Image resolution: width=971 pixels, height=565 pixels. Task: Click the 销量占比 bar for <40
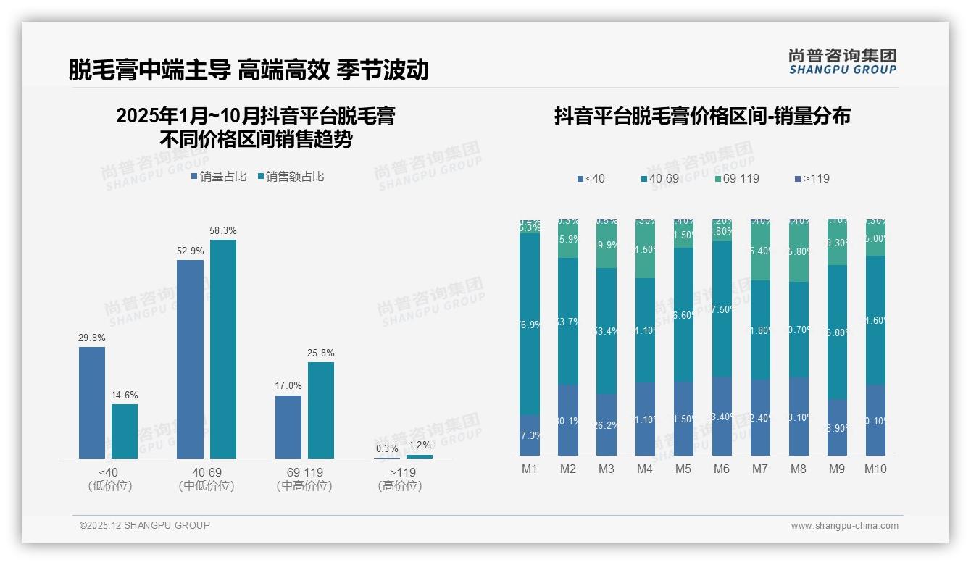click(92, 402)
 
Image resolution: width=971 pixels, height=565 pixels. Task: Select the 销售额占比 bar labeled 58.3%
click(223, 348)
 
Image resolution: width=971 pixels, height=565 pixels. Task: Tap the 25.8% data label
click(321, 353)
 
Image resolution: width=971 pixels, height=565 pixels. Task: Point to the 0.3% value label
click(387, 448)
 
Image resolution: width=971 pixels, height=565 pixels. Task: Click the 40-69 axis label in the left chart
click(207, 472)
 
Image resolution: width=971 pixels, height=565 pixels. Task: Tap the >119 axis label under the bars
click(400, 472)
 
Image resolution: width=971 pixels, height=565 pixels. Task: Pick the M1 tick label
click(530, 469)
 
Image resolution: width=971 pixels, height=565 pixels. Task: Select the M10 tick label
click(875, 469)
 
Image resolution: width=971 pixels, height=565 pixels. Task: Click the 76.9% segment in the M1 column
click(530, 323)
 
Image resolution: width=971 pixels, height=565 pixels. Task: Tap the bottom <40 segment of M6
click(722, 416)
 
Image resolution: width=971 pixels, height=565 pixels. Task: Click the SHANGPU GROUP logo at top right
click(842, 62)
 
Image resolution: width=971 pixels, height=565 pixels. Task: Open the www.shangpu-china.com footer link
click(844, 526)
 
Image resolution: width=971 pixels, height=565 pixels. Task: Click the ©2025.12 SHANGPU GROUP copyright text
click(145, 525)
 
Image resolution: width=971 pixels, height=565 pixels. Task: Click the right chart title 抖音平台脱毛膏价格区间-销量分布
click(702, 116)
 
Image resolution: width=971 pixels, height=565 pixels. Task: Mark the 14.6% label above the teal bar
click(125, 395)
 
